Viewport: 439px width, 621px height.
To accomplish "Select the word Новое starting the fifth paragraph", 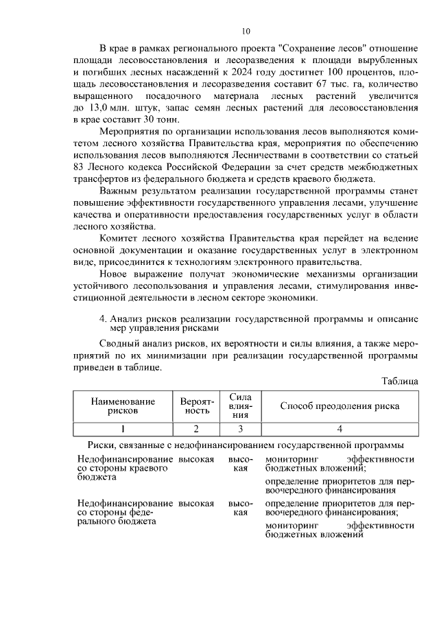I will (116, 274).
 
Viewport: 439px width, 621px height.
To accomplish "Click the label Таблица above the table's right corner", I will (399, 381).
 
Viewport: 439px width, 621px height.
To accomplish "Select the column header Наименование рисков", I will (123, 406).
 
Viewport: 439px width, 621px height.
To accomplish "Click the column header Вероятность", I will (197, 406).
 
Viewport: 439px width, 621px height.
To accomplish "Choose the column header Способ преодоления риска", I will (340, 406).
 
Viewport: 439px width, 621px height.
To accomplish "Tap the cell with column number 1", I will (123, 430).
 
